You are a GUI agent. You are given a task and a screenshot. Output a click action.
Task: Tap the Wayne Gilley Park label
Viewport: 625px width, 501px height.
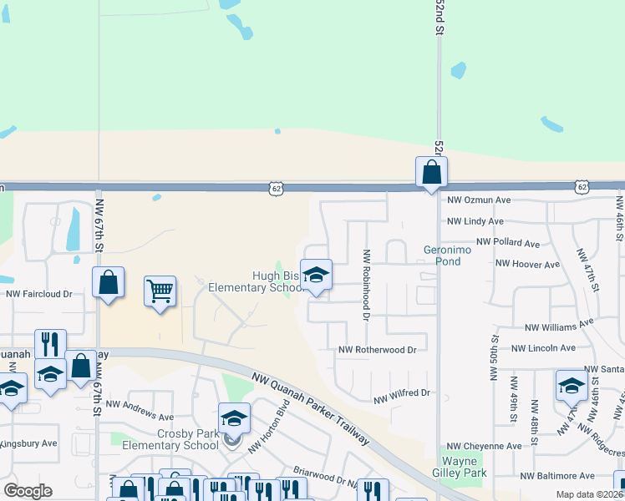460,467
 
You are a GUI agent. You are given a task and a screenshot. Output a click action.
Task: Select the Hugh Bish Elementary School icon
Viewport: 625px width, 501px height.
316,275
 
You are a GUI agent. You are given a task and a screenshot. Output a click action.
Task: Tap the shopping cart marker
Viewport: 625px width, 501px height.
160,291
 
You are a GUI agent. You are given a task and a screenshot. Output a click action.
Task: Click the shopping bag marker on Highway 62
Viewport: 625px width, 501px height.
431,173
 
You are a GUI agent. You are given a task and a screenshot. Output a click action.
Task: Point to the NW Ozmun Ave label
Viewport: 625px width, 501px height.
479,200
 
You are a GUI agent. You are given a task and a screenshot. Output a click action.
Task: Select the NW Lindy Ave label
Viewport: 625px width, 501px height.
475,221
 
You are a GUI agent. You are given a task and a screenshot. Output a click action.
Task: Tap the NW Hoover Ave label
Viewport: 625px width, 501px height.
527,264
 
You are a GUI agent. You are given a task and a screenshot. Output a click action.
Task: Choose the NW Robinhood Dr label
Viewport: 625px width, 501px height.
365,284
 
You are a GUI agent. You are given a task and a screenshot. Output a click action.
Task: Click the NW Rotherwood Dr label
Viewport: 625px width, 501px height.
377,350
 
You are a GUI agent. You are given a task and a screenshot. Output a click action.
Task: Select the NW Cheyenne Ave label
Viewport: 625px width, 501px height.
484,447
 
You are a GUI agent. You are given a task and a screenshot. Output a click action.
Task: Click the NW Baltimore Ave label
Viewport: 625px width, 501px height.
559,476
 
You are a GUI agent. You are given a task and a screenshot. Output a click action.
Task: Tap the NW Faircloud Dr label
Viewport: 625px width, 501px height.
39,294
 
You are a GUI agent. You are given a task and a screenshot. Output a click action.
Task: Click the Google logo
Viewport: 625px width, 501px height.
28,491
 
